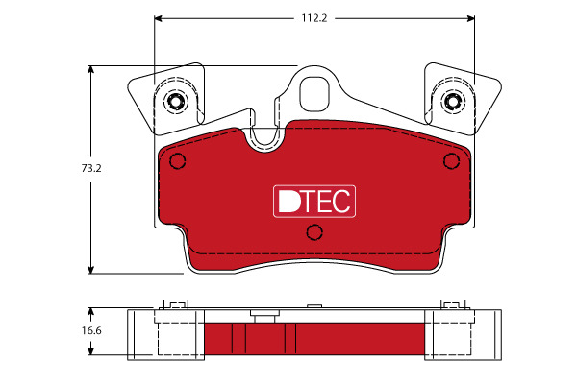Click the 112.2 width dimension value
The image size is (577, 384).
314,18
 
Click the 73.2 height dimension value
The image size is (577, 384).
91,168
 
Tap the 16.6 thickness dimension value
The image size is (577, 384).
91,330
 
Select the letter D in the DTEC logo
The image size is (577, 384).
289,202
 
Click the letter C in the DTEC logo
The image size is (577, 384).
340,202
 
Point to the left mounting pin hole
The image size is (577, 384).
174,101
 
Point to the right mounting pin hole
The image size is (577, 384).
452,101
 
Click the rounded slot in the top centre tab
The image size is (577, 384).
314,94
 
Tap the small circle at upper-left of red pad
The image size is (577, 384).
177,161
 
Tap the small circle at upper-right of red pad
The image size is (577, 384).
451,161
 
